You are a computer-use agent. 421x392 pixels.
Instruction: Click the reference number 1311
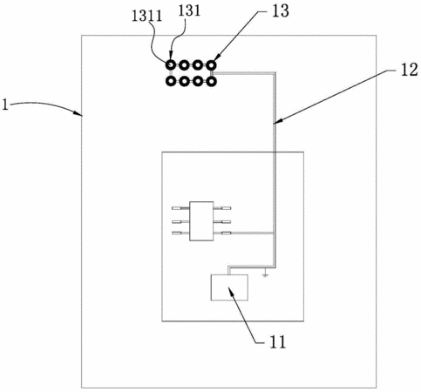[146, 16]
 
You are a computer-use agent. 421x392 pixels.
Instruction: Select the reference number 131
[189, 11]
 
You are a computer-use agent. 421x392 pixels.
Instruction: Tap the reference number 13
[280, 10]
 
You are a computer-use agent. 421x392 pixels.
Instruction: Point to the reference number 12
[410, 70]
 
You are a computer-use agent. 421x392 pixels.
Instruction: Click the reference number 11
[278, 341]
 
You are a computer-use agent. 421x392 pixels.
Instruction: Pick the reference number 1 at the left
[5, 105]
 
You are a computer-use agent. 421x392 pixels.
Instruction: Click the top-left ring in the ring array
[171, 65]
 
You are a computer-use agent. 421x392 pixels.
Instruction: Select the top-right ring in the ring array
[212, 65]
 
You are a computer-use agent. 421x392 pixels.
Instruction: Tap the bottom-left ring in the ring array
[171, 82]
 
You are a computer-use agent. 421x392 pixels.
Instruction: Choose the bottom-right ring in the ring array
[212, 82]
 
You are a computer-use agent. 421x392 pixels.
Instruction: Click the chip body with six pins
[201, 221]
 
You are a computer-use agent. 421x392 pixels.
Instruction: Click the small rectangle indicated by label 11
[229, 287]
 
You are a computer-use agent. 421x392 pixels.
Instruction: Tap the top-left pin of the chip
[180, 208]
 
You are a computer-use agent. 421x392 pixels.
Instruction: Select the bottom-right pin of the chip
[222, 233]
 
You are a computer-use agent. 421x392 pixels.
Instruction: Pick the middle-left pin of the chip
[180, 222]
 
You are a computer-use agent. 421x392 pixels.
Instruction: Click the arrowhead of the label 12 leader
[277, 122]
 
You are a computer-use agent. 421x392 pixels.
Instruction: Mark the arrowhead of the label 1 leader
[79, 113]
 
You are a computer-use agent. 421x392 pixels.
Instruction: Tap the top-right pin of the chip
[222, 208]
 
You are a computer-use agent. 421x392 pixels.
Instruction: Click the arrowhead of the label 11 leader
[231, 291]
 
